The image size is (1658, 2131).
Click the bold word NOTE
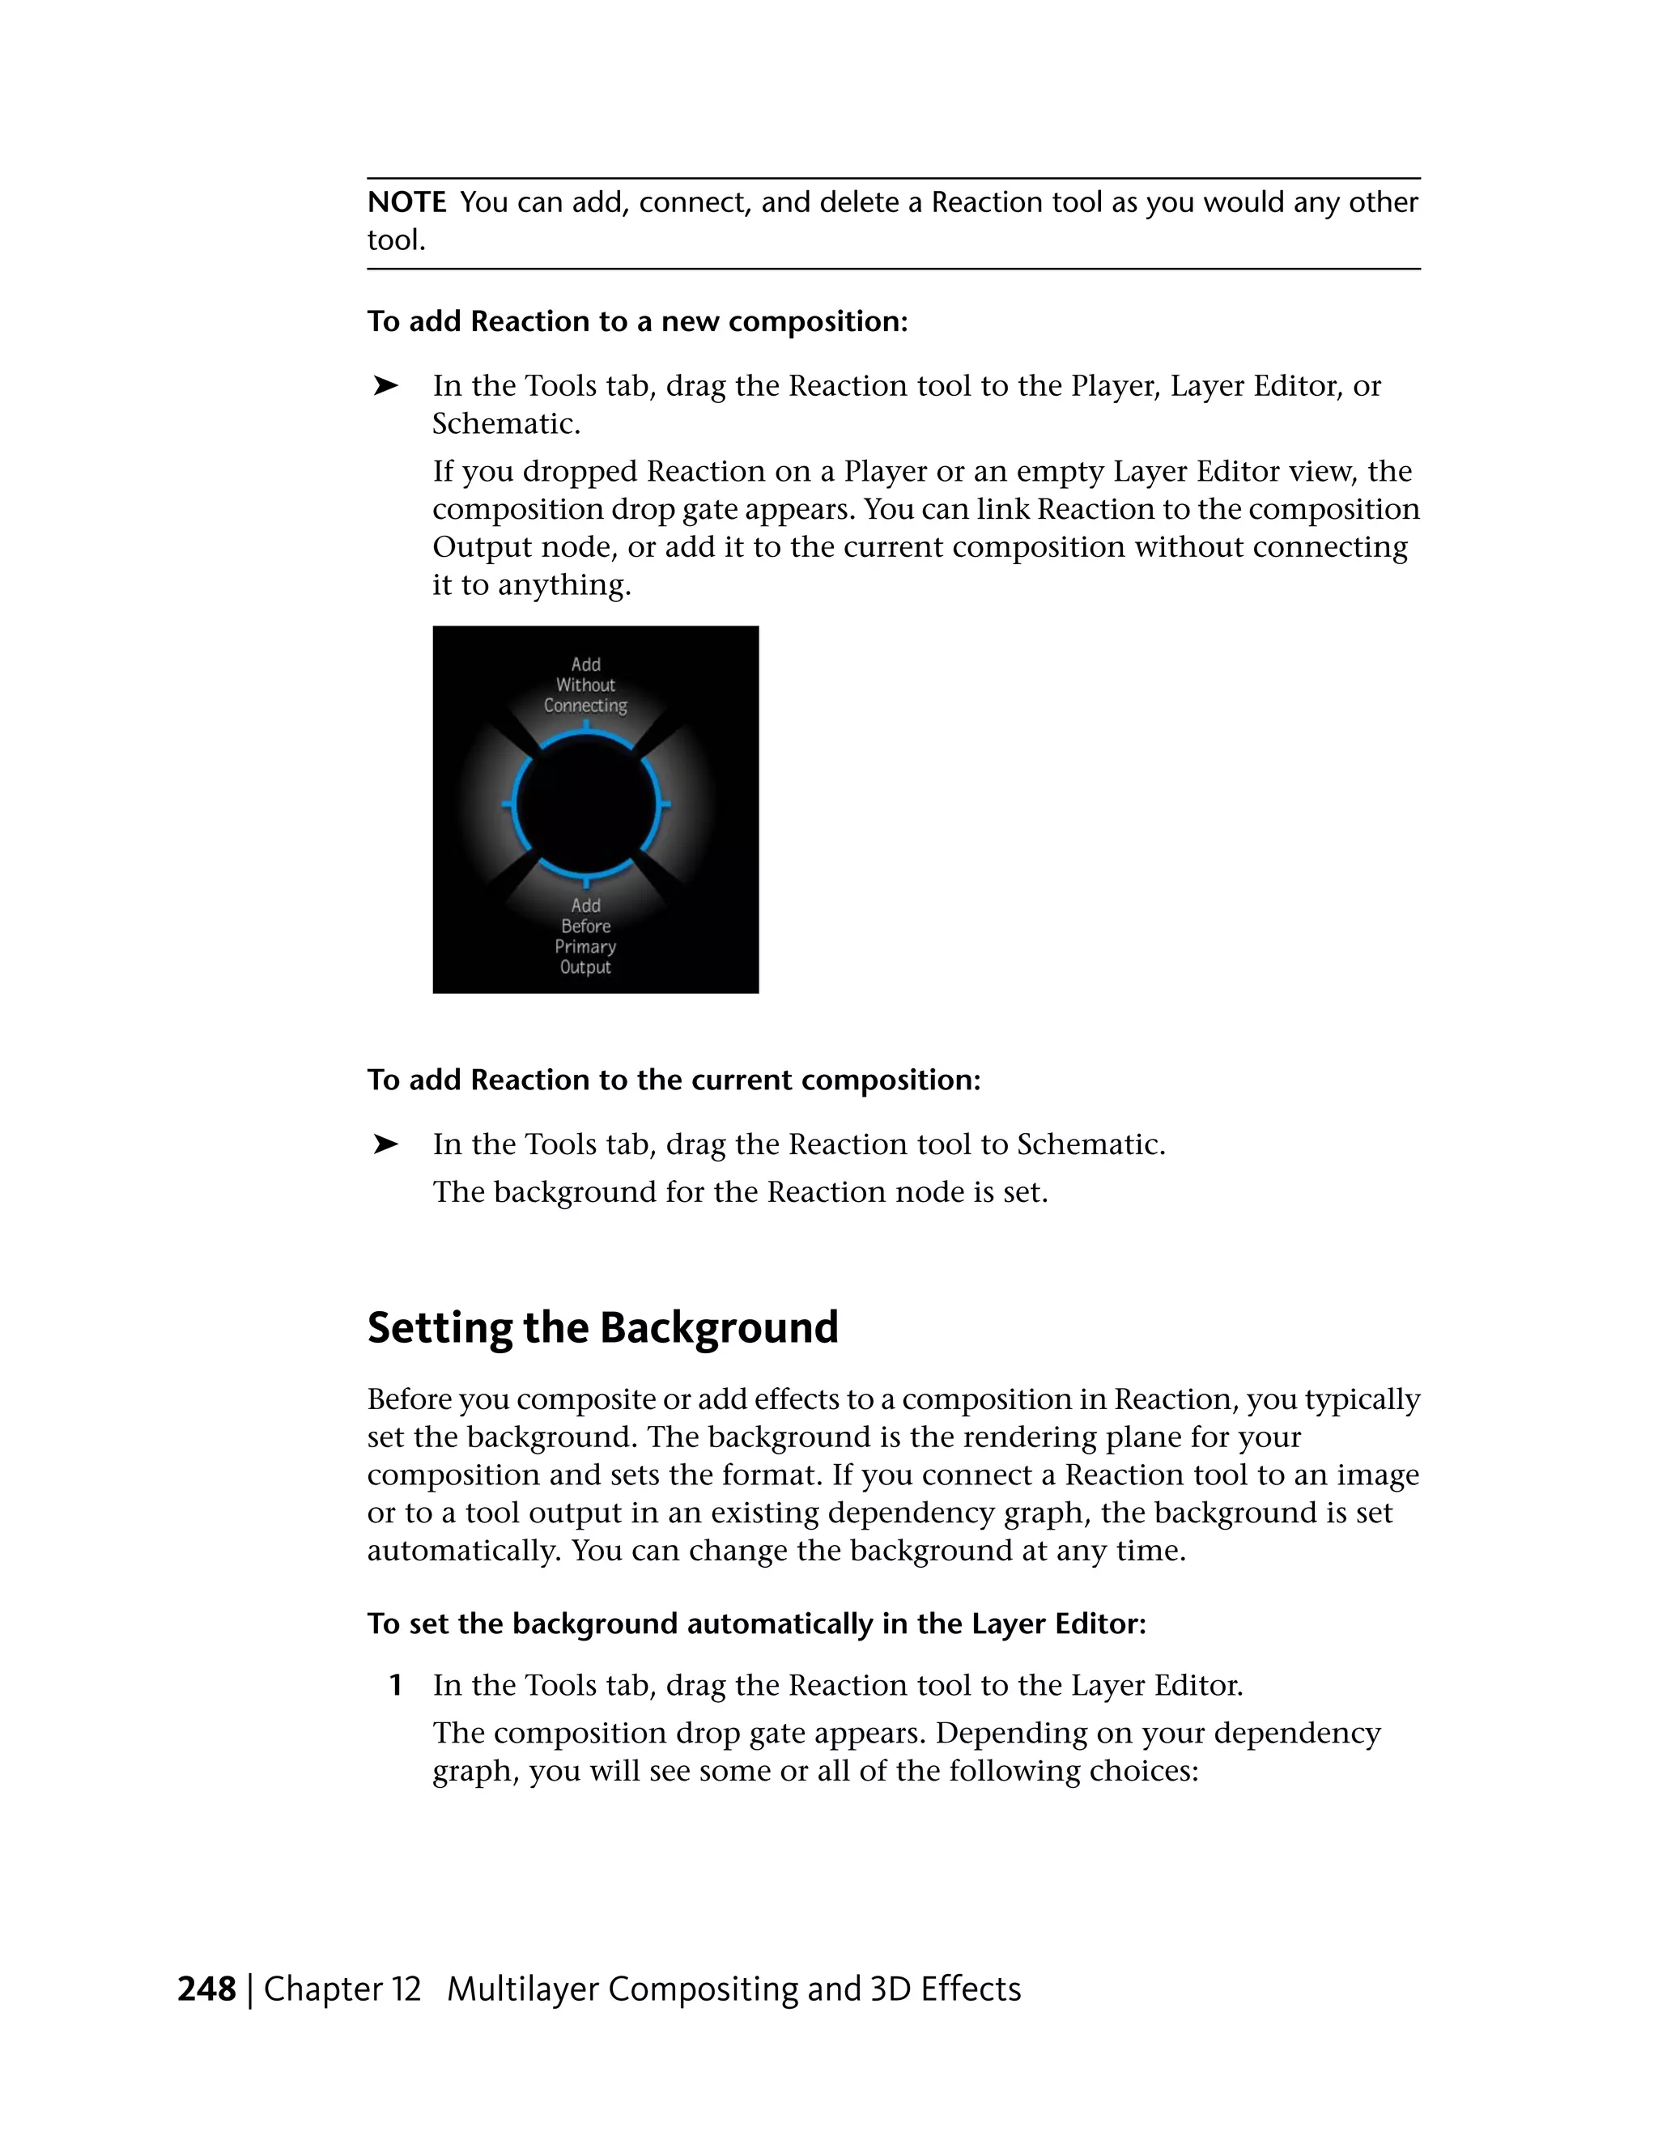406,203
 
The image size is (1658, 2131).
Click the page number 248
207,1989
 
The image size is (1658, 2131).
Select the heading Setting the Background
602,1328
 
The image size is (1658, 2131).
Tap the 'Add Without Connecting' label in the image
585,685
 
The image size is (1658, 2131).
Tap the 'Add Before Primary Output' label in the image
585,936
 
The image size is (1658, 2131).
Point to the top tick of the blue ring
585,727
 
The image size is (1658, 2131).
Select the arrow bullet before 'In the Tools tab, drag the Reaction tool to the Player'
385,386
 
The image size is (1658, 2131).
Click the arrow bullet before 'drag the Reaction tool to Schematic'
385,1144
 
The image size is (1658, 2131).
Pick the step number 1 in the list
395,1685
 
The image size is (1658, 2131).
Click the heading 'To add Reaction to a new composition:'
637,321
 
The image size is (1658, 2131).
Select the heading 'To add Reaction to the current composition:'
674,1080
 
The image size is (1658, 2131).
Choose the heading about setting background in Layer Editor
756,1624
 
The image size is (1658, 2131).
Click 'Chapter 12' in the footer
342,1989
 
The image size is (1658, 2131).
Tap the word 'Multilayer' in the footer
522,1989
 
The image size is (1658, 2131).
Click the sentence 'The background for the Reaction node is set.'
740,1192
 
